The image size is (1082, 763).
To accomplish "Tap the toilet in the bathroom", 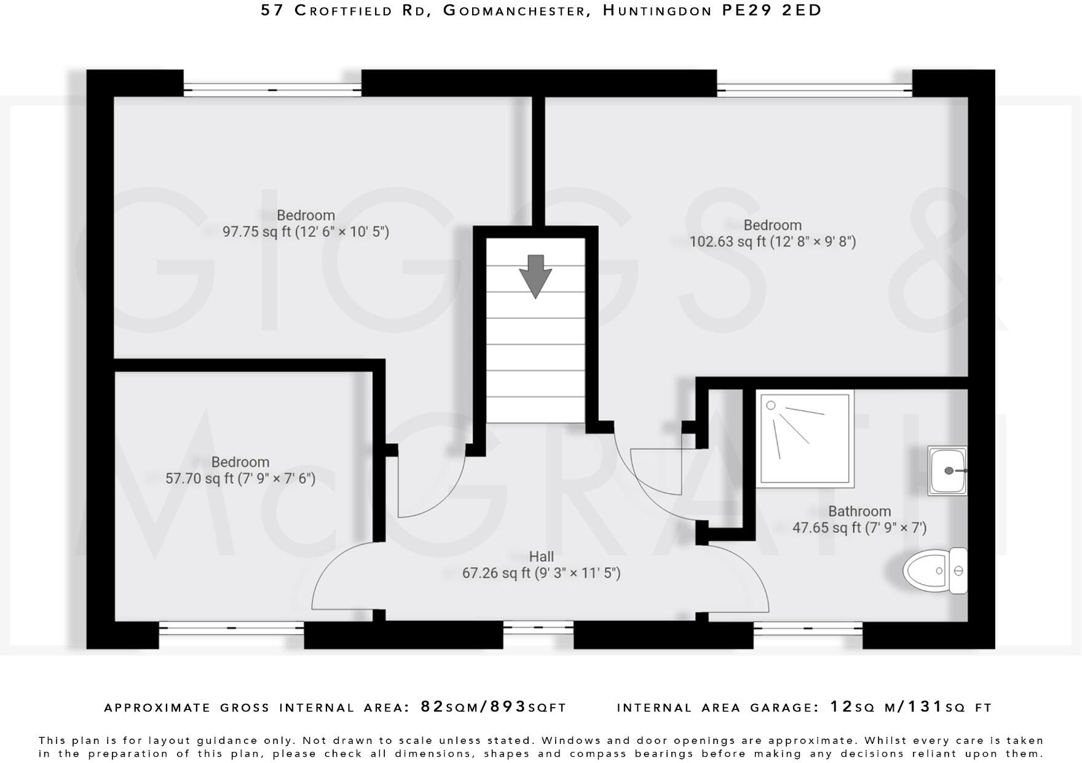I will pyautogui.click(x=935, y=570).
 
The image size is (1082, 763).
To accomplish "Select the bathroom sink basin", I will pyautogui.click(x=947, y=471).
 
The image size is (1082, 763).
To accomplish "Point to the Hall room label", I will pyautogui.click(x=541, y=556).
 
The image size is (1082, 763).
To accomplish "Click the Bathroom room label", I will pyautogui.click(x=859, y=511).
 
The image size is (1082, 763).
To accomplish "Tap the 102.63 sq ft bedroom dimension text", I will pyautogui.click(x=772, y=241).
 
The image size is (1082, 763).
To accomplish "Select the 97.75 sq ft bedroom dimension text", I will pyautogui.click(x=306, y=232).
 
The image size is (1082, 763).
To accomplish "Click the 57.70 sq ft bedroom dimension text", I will pyautogui.click(x=240, y=478).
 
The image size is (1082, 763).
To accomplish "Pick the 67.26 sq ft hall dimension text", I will pyautogui.click(x=541, y=573).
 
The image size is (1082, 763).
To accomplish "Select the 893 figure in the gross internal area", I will pyautogui.click(x=508, y=706).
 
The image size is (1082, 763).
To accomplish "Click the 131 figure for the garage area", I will pyautogui.click(x=925, y=706).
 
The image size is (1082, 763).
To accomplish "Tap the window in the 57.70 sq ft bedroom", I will pyautogui.click(x=231, y=628).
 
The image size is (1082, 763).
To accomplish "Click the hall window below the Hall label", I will pyautogui.click(x=538, y=628).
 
